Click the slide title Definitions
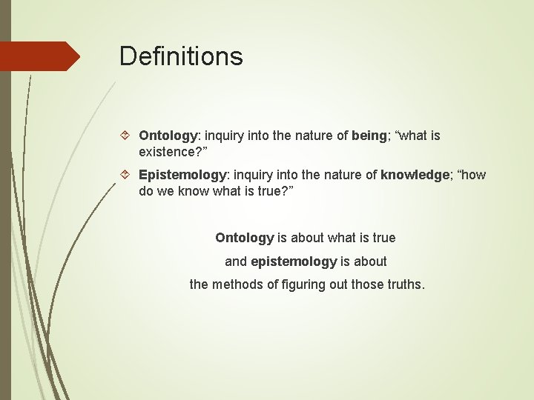click(x=181, y=56)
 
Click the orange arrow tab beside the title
click(x=41, y=56)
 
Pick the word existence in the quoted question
click(x=168, y=151)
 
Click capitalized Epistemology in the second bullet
click(x=182, y=175)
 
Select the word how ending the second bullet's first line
click(x=472, y=175)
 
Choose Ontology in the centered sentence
click(x=244, y=238)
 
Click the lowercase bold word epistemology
click(x=294, y=261)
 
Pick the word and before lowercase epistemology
click(x=236, y=261)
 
